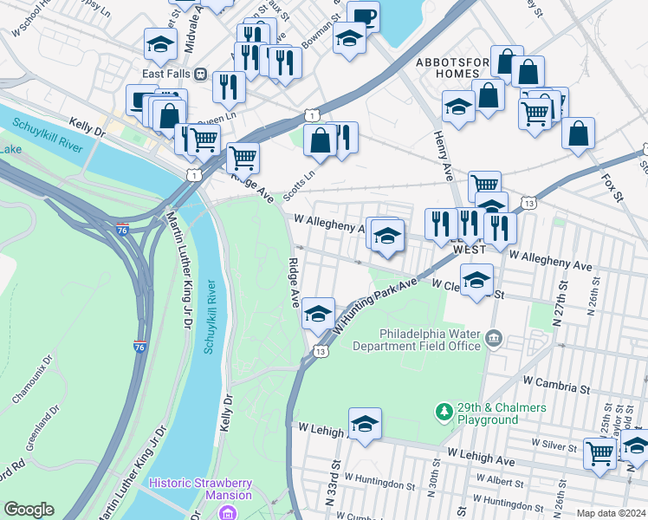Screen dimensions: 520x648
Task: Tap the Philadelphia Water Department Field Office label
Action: click(x=430, y=340)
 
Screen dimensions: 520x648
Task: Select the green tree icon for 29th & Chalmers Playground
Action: click(x=444, y=409)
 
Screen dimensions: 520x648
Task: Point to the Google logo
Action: click(x=29, y=510)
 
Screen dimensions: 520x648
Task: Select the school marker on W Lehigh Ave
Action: click(x=365, y=424)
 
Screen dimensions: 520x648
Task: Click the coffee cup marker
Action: click(x=363, y=16)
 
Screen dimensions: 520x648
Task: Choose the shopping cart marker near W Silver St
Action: click(x=599, y=452)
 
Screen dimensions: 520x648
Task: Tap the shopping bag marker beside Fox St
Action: click(x=578, y=133)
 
